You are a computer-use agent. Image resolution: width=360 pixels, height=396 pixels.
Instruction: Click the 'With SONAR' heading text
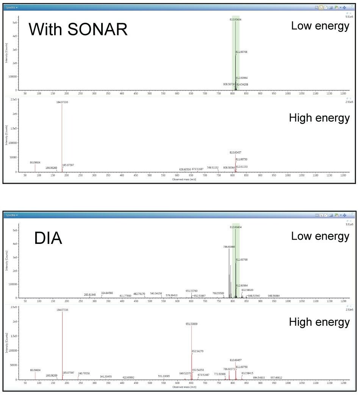pyautogui.click(x=78, y=29)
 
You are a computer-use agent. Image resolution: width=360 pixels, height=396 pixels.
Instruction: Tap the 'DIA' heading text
pyautogui.click(x=48, y=238)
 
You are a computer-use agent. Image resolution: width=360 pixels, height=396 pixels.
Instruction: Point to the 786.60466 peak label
pyautogui.click(x=229, y=247)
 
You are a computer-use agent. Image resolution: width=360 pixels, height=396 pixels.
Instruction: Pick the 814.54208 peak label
pyautogui.click(x=243, y=84)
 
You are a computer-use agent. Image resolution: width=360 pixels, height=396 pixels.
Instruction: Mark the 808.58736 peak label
pyautogui.click(x=229, y=84)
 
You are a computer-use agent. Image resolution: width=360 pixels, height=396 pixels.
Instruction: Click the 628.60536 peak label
pyautogui.click(x=185, y=169)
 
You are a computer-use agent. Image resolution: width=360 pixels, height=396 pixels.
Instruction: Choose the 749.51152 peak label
pyautogui.click(x=212, y=167)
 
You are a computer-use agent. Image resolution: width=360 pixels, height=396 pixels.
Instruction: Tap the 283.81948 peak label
pyautogui.click(x=90, y=294)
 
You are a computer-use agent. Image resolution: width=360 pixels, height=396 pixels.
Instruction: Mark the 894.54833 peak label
pyautogui.click(x=259, y=377)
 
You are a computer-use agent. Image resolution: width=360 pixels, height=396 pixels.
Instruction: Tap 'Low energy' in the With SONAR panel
pyautogui.click(x=320, y=26)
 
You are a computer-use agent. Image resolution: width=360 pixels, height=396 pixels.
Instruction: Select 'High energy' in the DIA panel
pyautogui.click(x=319, y=322)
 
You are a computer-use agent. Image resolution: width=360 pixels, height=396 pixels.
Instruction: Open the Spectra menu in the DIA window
pyautogui.click(x=12, y=215)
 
